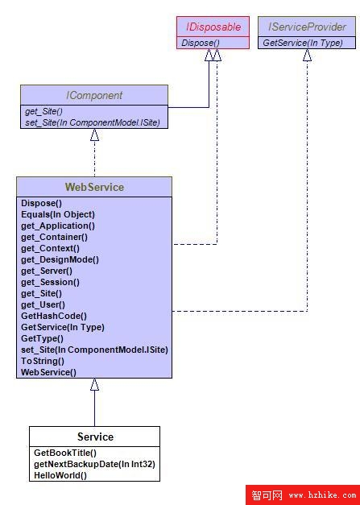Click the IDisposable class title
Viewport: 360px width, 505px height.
coord(213,27)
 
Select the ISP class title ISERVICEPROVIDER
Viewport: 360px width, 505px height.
coord(307,27)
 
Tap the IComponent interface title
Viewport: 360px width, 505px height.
coord(94,95)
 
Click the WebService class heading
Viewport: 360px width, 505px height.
coord(94,187)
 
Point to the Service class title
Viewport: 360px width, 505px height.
coord(95,437)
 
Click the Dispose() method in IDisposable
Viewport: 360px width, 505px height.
coord(201,43)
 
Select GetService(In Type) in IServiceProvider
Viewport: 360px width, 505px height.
coord(303,43)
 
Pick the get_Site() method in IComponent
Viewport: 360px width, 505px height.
coord(43,111)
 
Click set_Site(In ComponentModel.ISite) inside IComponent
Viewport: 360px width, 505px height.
coord(93,122)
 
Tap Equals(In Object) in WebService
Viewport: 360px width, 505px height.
coord(58,214)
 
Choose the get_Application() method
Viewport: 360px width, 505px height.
coord(58,226)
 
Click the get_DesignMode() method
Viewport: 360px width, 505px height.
coord(60,259)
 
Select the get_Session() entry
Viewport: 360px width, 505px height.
coord(50,282)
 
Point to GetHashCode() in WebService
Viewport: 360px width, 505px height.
coord(54,316)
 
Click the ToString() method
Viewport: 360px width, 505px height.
coord(43,361)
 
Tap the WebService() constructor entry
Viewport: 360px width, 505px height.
coord(48,372)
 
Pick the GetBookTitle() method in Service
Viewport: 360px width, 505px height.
coord(65,453)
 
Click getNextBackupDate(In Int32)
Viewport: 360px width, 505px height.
coord(94,464)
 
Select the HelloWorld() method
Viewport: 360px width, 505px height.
coord(60,475)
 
